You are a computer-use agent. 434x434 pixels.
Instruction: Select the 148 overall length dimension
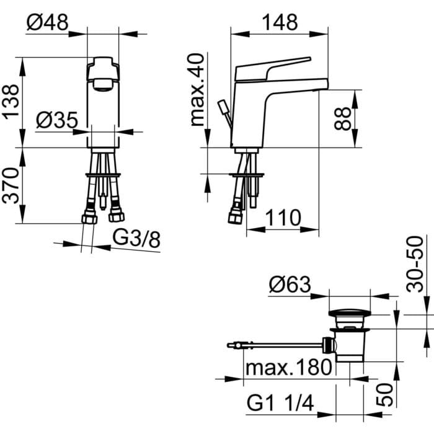click(279, 22)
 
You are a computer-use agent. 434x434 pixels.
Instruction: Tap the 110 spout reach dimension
click(283, 218)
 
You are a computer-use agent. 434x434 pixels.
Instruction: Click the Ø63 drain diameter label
click(290, 285)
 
